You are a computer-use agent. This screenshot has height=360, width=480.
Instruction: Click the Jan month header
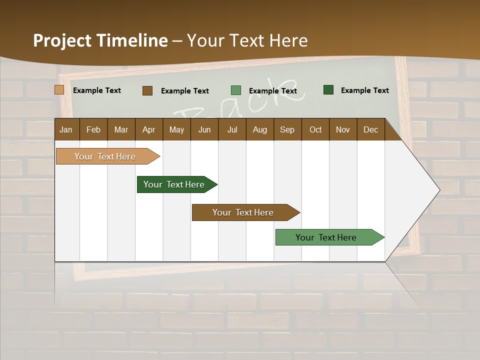pos(66,129)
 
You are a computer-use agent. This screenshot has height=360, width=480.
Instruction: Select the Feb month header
pos(93,129)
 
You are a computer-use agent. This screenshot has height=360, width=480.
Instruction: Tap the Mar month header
pos(121,129)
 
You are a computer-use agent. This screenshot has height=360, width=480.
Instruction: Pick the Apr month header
pos(149,129)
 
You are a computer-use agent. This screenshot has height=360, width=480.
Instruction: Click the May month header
pos(176,129)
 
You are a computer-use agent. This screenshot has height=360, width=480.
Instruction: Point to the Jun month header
pos(204,129)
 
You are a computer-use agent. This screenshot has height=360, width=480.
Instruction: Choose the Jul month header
pos(232,129)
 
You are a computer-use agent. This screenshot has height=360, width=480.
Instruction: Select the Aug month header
pos(260,129)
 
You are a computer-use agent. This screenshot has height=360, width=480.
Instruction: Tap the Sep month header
pos(287,129)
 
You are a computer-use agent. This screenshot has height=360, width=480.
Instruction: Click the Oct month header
pos(315,129)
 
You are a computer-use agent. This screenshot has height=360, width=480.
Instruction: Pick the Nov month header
pos(343,129)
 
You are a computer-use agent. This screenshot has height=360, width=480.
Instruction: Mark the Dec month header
pos(371,129)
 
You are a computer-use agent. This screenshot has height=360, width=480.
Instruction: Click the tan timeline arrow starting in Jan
pos(105,156)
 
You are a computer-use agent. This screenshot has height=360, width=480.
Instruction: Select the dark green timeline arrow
pos(174,184)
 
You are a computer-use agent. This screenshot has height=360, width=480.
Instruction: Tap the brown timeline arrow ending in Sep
pos(243,212)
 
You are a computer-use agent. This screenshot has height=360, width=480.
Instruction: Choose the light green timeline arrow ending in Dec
pos(326,237)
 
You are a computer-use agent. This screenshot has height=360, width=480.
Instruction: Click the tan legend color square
pos(59,90)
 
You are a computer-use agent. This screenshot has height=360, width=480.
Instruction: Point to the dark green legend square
pos(328,90)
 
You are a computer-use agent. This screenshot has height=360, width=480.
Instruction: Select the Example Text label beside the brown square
pos(184,91)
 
